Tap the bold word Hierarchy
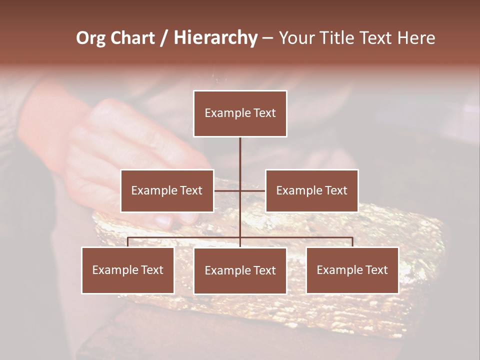click(x=215, y=38)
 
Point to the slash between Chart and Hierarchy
click(x=164, y=38)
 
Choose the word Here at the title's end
click(x=416, y=38)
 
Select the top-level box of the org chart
click(x=240, y=113)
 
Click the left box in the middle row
click(x=167, y=190)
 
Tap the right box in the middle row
click(x=311, y=190)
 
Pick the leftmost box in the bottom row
click(x=128, y=270)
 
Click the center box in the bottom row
click(x=240, y=271)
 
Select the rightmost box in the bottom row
click(x=352, y=270)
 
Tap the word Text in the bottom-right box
click(x=376, y=270)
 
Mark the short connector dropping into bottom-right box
click(x=352, y=242)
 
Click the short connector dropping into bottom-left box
click(x=128, y=242)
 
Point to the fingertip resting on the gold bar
click(x=163, y=220)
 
